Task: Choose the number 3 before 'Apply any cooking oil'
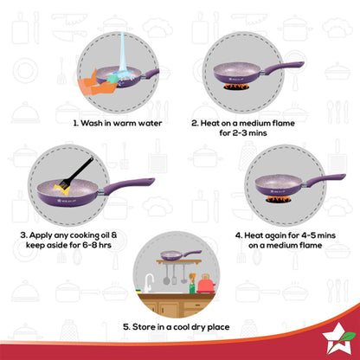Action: coord(24,234)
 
